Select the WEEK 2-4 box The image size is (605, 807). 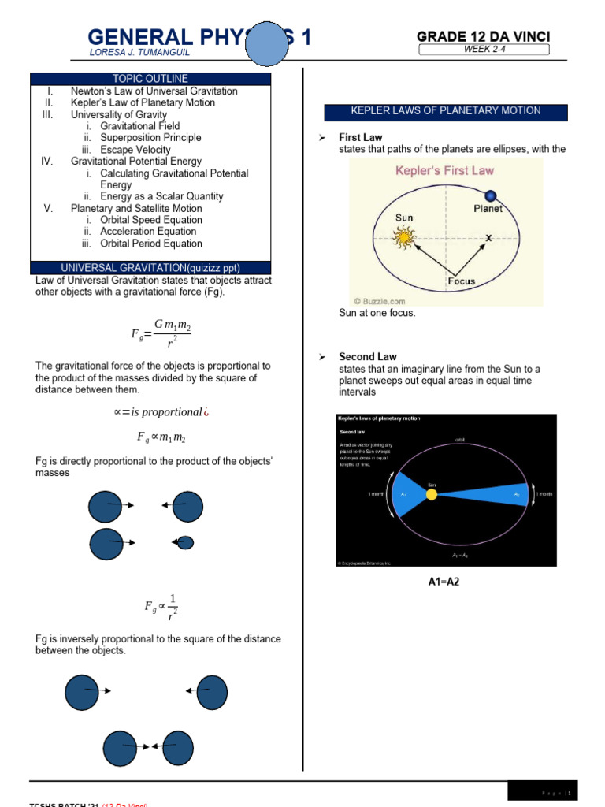point(484,50)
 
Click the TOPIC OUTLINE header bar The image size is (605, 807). point(150,79)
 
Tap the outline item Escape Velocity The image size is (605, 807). point(135,150)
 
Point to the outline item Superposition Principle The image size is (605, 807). point(150,138)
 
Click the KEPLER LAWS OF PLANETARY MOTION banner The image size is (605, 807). point(446,111)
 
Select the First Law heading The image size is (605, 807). point(360,138)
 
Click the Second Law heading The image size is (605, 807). point(367,357)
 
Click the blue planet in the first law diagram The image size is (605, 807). point(491,195)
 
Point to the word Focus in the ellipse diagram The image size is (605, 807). point(461,281)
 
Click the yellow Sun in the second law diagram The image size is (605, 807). point(431,495)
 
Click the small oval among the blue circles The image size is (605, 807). point(185,542)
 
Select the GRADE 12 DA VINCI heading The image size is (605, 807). point(483,36)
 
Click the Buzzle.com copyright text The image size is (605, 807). point(379,300)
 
